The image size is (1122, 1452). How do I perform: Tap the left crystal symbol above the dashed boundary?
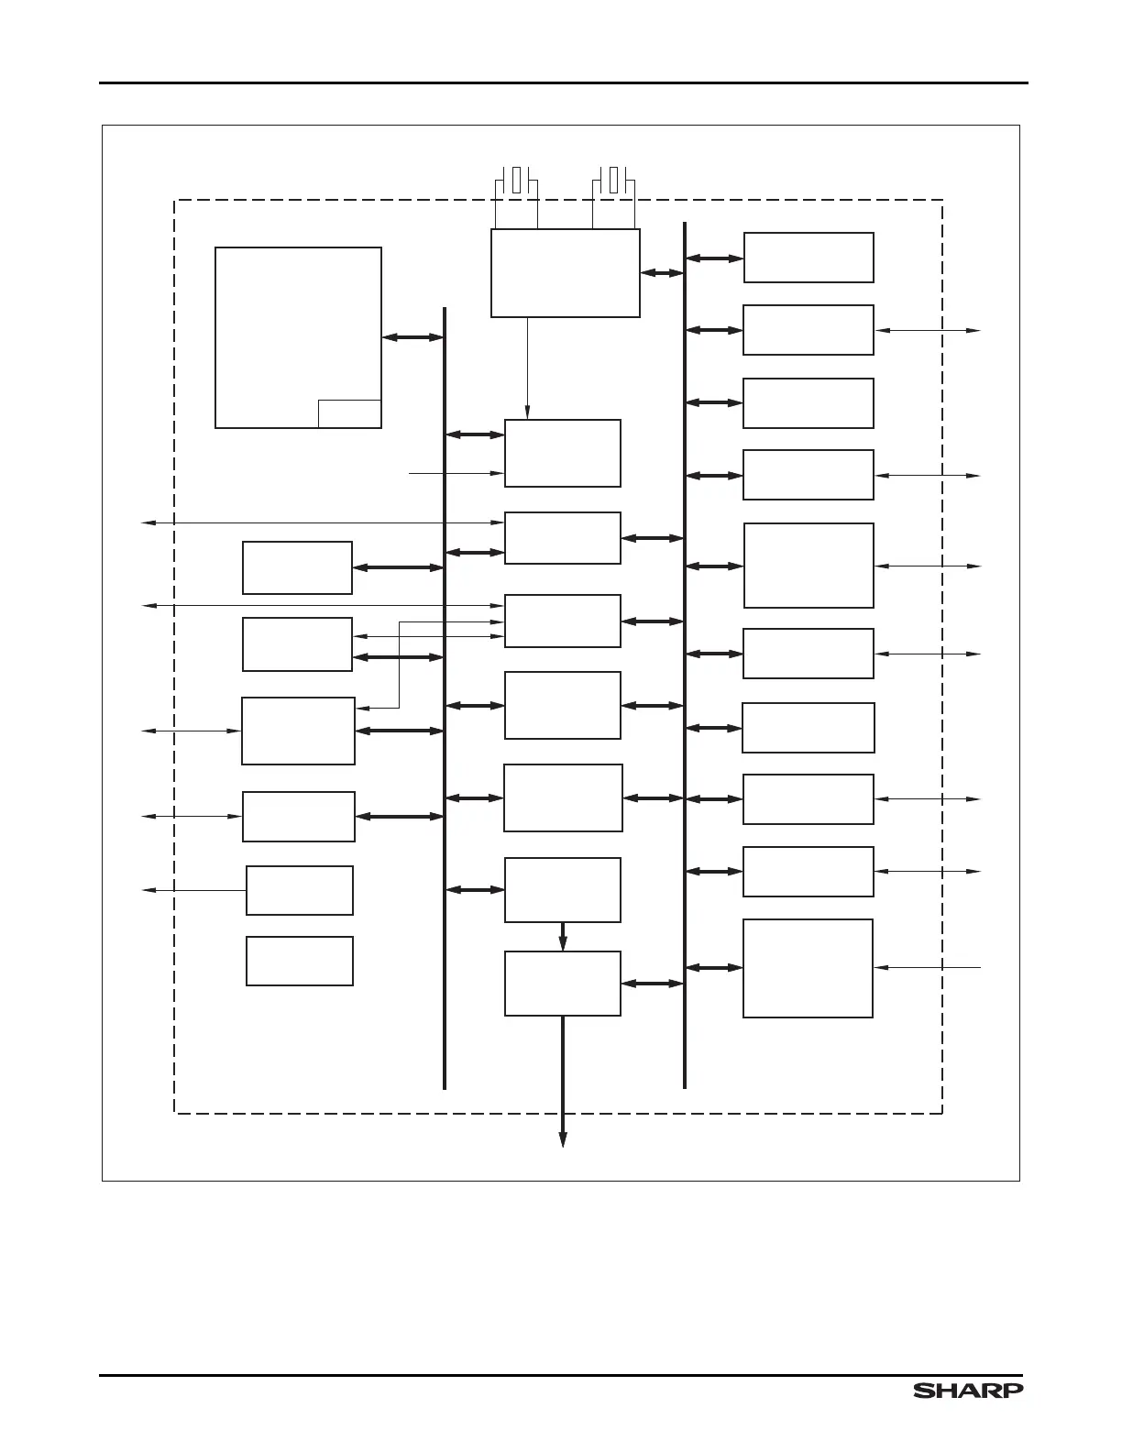pyautogui.click(x=517, y=180)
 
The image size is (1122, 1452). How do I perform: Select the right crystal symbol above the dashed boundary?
pyautogui.click(x=614, y=180)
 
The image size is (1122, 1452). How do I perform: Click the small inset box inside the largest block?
pyautogui.click(x=349, y=414)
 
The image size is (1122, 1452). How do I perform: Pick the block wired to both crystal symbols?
pyautogui.click(x=565, y=273)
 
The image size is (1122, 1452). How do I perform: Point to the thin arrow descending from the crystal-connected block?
pyautogui.click(x=527, y=367)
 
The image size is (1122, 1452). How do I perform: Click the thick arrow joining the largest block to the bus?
pyautogui.click(x=412, y=337)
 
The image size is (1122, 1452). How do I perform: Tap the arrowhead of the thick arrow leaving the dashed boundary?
pyautogui.click(x=563, y=1139)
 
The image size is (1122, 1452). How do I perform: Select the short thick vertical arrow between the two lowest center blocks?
pyautogui.click(x=563, y=936)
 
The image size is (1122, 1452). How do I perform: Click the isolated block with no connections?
pyautogui.click(x=300, y=961)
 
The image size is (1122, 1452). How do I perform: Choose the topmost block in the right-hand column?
pyautogui.click(x=808, y=258)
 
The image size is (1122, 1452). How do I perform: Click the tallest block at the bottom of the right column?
pyautogui.click(x=808, y=968)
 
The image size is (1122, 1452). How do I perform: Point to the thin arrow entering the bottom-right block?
pyautogui.click(x=928, y=967)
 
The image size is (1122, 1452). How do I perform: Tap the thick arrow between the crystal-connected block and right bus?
pyautogui.click(x=662, y=272)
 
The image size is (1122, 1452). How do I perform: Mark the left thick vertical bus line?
pyautogui.click(x=445, y=697)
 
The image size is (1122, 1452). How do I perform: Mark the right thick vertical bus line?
pyautogui.click(x=685, y=654)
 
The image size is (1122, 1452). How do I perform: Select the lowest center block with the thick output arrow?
pyautogui.click(x=563, y=984)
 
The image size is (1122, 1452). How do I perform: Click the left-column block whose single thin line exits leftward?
pyautogui.click(x=300, y=890)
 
